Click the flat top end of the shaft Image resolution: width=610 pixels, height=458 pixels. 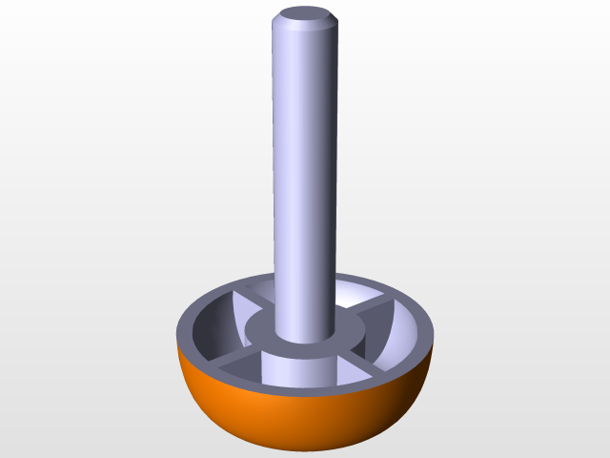tap(304, 15)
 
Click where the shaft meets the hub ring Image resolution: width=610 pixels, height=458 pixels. tap(304, 341)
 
